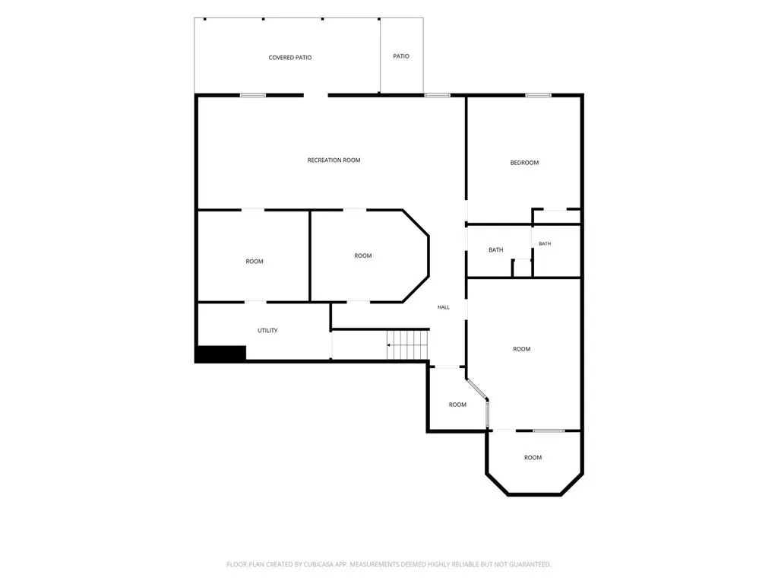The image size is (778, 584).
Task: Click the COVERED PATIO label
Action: [x=289, y=58]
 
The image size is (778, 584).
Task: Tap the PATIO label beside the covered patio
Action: [x=401, y=56]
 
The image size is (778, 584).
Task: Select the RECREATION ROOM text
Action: [x=334, y=160]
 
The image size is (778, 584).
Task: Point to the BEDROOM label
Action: [x=524, y=163]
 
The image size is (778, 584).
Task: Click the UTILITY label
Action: [x=267, y=330]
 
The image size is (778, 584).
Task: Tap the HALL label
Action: [x=444, y=307]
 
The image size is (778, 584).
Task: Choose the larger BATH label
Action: [x=495, y=249]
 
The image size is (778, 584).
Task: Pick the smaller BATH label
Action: [x=545, y=243]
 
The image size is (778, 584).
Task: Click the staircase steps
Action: [x=408, y=344]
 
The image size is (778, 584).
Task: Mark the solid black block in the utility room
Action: [x=221, y=353]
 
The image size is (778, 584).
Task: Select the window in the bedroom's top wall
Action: [x=539, y=95]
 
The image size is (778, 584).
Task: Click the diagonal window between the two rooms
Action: [x=477, y=389]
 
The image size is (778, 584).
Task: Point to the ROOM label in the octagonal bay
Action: [x=533, y=457]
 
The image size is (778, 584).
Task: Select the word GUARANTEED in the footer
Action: [x=530, y=564]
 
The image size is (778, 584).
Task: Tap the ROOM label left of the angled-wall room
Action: [x=255, y=262]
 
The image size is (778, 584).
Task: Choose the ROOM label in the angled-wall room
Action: [x=362, y=255]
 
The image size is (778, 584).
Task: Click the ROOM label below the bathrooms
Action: [x=521, y=349]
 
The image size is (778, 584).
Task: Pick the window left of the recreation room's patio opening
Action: [x=253, y=95]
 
